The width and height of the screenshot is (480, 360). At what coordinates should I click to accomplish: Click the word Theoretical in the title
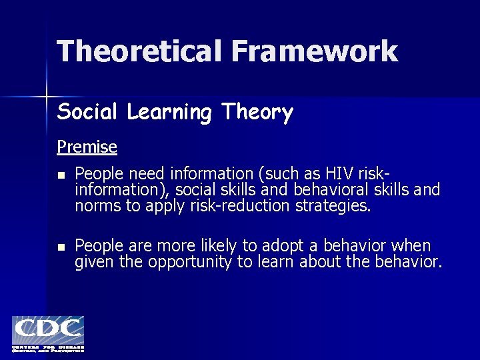(x=139, y=51)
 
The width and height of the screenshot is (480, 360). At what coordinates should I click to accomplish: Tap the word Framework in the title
(x=314, y=51)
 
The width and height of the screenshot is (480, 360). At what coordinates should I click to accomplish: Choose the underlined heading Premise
(x=87, y=147)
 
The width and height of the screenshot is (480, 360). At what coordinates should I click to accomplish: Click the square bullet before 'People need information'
(x=61, y=175)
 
